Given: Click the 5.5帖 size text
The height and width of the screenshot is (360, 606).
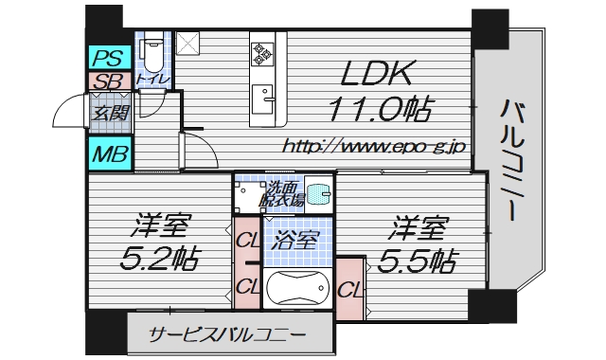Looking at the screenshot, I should point(420,259).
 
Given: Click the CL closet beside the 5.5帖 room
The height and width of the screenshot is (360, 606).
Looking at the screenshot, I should point(348,287).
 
